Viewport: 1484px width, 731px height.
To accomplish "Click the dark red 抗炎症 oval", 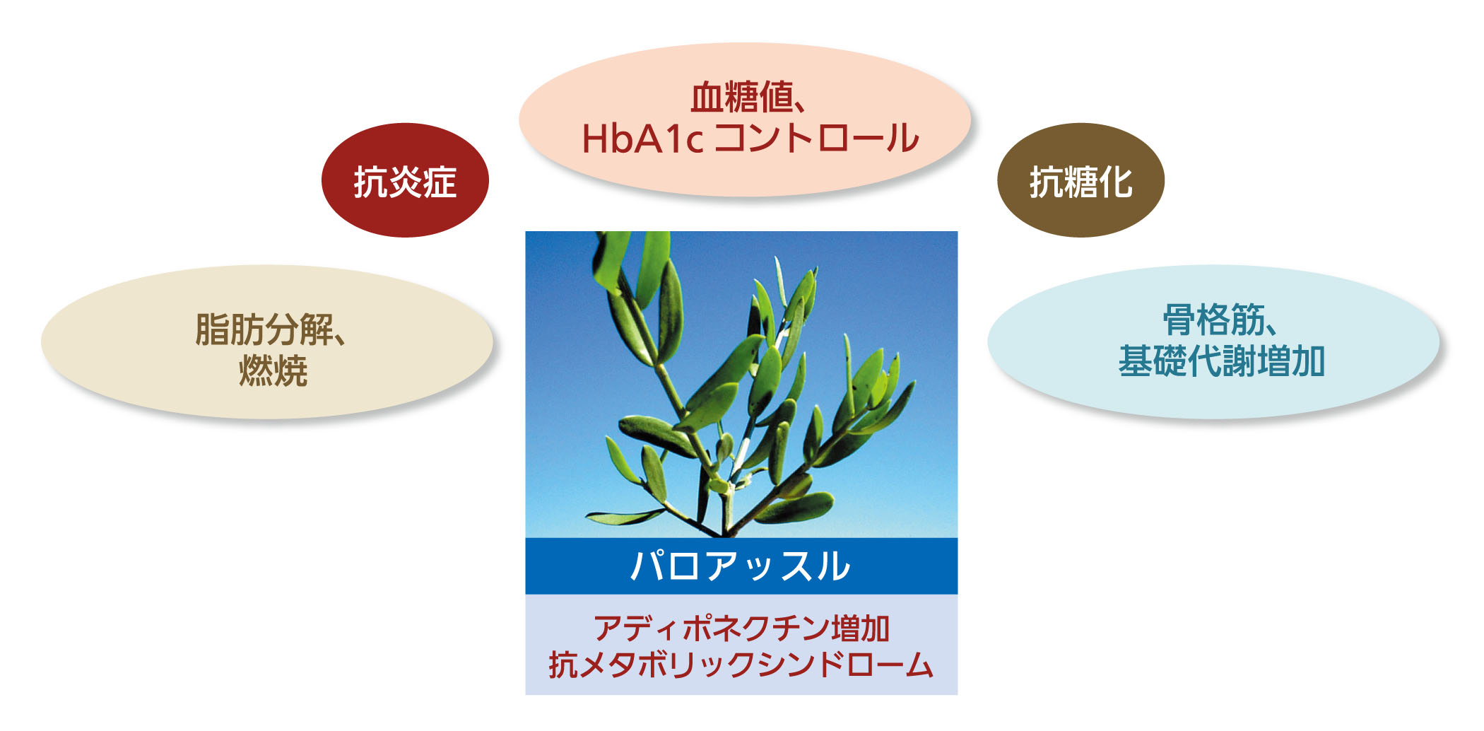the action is coord(405,180).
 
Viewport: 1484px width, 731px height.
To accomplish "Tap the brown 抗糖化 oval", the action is coord(1080,180).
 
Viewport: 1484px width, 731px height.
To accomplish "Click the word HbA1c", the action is coord(642,139).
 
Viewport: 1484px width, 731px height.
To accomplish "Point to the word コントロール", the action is coord(818,139).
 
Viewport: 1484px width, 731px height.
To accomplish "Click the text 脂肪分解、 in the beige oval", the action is coord(271,329).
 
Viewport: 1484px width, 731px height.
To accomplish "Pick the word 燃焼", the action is coord(273,370).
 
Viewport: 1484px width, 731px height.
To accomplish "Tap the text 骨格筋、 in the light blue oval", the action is coord(1220,320).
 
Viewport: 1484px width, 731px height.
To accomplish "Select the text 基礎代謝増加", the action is coord(1222,361).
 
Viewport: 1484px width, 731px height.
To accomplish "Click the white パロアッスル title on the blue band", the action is coord(741,566).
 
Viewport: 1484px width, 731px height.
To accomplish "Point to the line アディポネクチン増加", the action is coord(741,628).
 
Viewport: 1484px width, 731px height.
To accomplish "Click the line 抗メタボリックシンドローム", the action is coord(741,665).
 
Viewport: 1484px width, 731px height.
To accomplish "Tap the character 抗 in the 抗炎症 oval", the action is coord(370,182).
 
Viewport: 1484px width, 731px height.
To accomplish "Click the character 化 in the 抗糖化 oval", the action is coord(1116,182).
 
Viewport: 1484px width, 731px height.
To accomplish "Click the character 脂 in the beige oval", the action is coord(212,329).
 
